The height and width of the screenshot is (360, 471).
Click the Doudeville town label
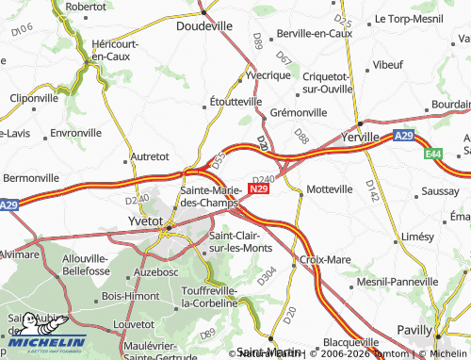[204, 27]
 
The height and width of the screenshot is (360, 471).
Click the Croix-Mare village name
[324, 257]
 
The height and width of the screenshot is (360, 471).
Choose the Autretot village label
[149, 155]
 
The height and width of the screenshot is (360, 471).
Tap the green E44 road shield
[432, 153]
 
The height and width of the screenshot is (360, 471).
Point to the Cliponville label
[35, 97]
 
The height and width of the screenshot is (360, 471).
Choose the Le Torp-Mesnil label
[408, 18]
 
